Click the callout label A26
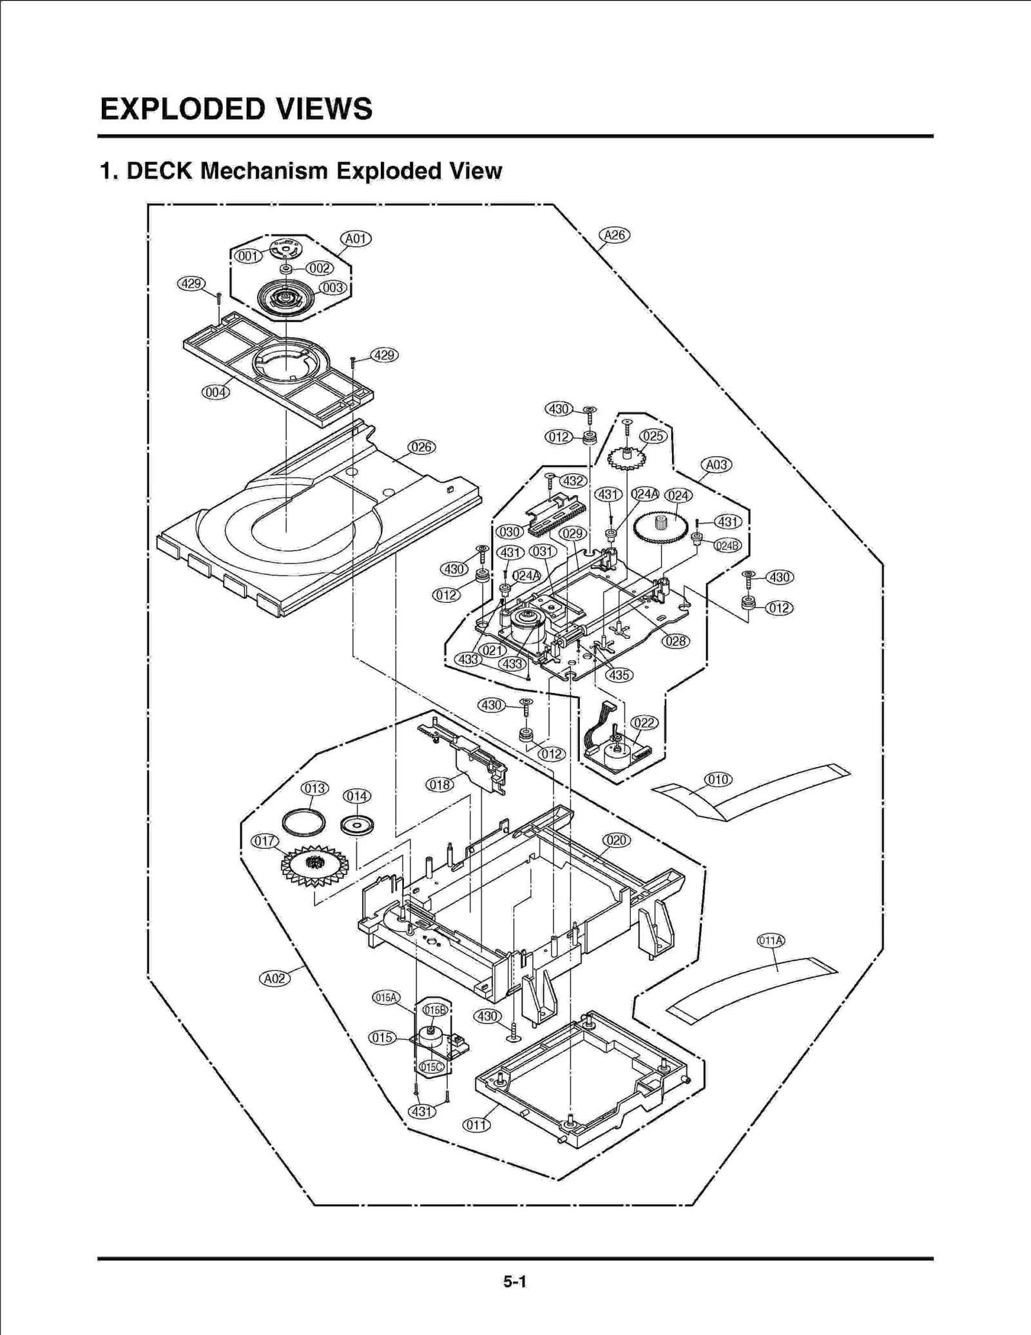(x=614, y=235)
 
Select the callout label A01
(x=356, y=239)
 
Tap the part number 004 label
(x=215, y=392)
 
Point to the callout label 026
(x=421, y=447)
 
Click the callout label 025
(x=653, y=436)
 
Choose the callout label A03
(x=716, y=465)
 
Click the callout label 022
(x=644, y=723)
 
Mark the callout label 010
(x=718, y=779)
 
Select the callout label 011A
(x=771, y=940)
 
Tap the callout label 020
(x=617, y=840)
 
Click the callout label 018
(x=439, y=784)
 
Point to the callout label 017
(x=265, y=841)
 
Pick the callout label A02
(x=275, y=979)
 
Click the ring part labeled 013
(x=304, y=823)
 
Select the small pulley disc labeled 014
(x=358, y=826)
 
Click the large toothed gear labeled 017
(x=315, y=866)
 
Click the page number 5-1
(x=515, y=1281)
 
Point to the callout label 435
(x=619, y=675)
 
